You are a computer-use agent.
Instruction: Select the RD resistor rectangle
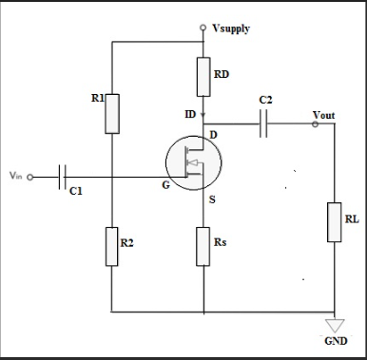[x=203, y=77]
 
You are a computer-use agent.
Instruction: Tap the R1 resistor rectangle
[x=111, y=113]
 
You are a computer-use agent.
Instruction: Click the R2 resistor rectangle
[x=111, y=246]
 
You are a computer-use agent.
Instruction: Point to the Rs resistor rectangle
[x=203, y=246]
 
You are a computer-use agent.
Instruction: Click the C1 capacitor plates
[x=64, y=177]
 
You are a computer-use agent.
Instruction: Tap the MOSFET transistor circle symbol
[x=193, y=163]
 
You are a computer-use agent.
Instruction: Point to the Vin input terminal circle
[x=29, y=177]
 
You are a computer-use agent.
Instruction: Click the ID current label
[x=190, y=115]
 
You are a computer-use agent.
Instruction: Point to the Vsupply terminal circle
[x=203, y=28]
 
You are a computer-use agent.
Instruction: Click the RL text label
[x=352, y=219]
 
